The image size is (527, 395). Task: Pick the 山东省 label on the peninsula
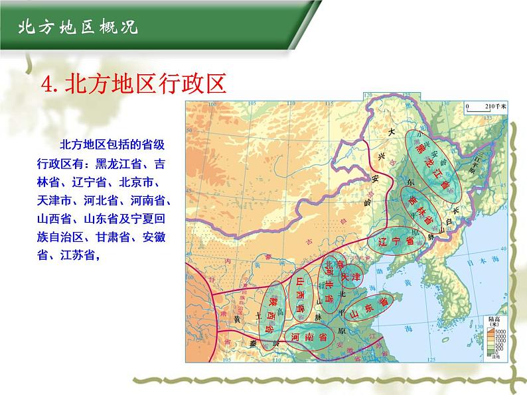tap(365, 310)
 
